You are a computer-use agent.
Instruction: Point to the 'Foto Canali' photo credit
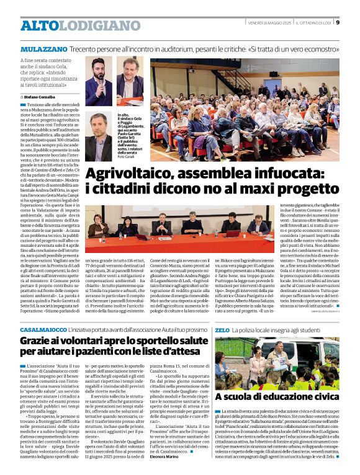click(x=126, y=156)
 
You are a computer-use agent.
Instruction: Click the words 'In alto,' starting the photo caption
click(x=122, y=115)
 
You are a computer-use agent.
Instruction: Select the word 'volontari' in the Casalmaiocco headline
click(x=68, y=342)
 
